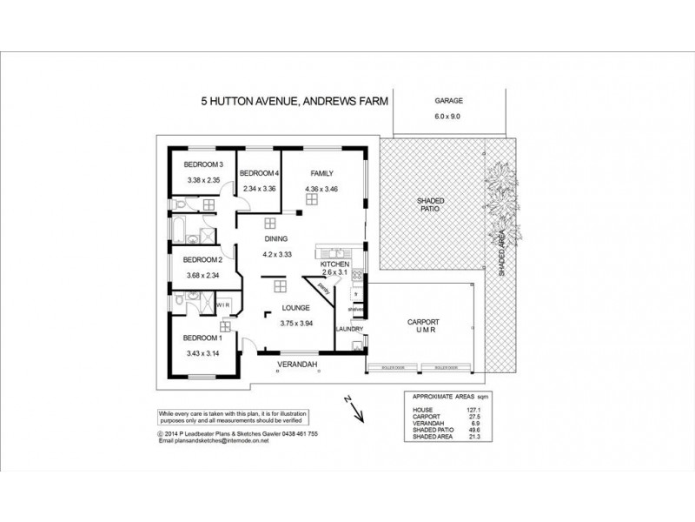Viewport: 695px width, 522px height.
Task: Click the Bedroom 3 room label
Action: (204, 164)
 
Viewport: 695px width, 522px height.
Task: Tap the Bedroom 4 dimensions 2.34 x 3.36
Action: (260, 188)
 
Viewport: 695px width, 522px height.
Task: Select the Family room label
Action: (313, 173)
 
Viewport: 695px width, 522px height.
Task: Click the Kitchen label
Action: (334, 264)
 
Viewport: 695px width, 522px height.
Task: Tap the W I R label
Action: (222, 305)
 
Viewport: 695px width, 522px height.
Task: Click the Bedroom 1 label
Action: (204, 338)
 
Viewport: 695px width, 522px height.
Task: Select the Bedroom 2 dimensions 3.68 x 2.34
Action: (204, 276)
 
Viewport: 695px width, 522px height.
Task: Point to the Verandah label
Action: (297, 364)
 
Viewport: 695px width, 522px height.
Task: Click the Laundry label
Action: (349, 329)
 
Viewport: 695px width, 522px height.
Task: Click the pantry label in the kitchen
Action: (321, 287)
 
